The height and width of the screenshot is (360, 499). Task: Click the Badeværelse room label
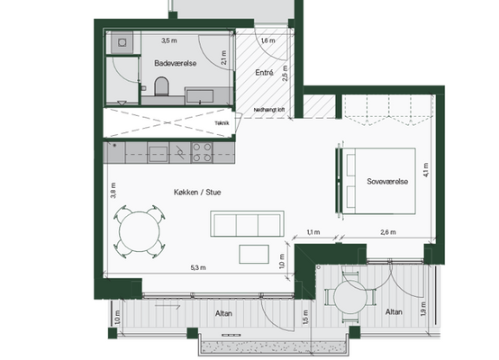click(x=176, y=63)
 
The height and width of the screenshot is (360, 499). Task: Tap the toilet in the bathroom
click(x=161, y=86)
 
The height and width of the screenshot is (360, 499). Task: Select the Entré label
click(x=264, y=73)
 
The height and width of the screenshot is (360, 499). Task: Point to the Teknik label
click(x=222, y=123)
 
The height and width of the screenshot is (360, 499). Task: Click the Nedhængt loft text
click(x=269, y=110)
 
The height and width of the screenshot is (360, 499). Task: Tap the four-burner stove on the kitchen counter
click(x=202, y=152)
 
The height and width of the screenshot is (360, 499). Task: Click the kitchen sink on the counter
click(x=159, y=154)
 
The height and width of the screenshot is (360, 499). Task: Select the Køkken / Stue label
click(x=197, y=192)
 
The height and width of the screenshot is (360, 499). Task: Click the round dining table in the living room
click(x=140, y=231)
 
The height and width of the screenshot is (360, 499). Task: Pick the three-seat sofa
click(x=247, y=223)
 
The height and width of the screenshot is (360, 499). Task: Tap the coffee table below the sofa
click(x=254, y=254)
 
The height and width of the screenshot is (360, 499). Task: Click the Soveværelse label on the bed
click(x=387, y=182)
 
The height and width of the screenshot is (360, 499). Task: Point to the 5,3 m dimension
click(x=198, y=268)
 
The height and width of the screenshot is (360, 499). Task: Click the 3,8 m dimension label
click(x=113, y=191)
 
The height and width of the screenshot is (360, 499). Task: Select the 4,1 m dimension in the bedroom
click(x=426, y=170)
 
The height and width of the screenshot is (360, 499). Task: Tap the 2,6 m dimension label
click(x=388, y=232)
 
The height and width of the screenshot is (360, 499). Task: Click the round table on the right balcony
click(x=350, y=297)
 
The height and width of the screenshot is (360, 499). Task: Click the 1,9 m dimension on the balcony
click(x=423, y=309)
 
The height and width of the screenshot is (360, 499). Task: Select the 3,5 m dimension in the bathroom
click(x=169, y=40)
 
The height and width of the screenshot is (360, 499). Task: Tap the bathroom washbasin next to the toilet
click(x=200, y=96)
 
